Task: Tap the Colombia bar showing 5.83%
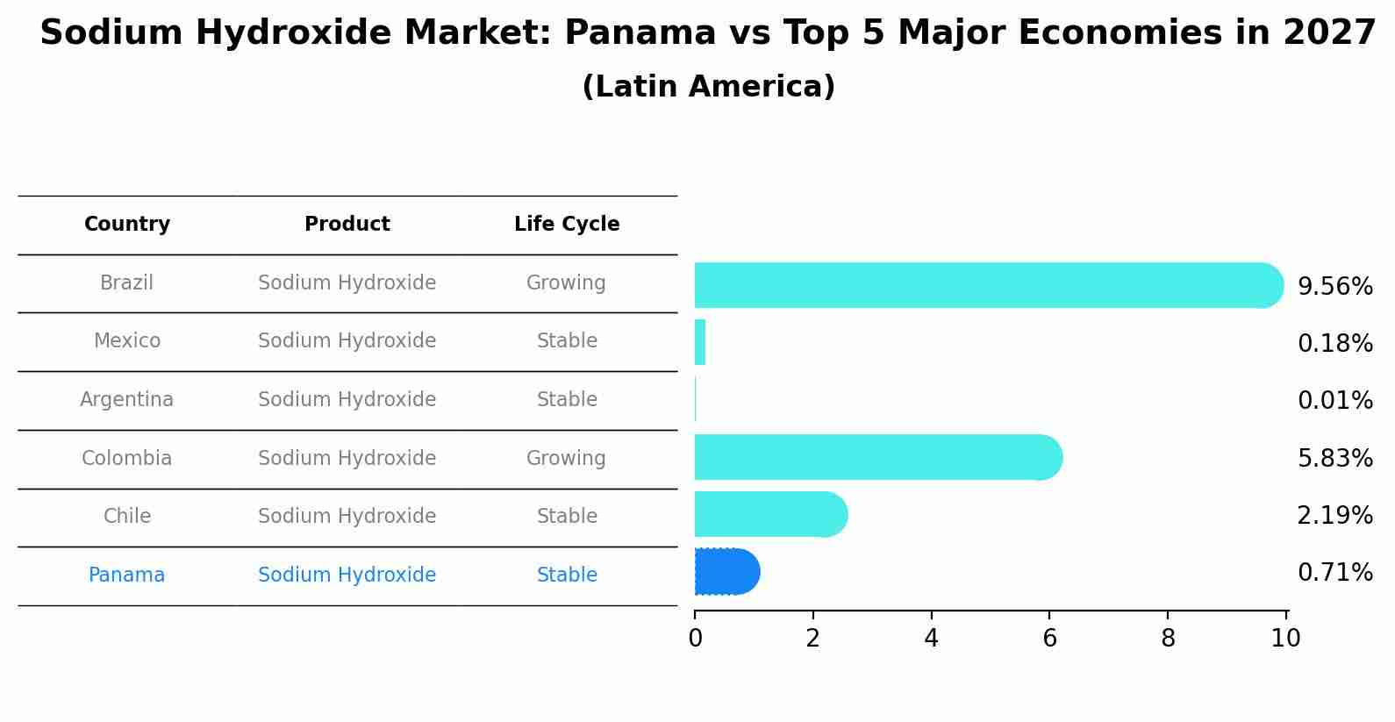[877, 457]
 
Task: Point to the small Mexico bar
[700, 342]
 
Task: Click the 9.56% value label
[1334, 287]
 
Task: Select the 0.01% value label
[1334, 401]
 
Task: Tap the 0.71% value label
[1334, 573]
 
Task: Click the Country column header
[127, 225]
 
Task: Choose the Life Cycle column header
[567, 225]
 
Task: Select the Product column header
[347, 225]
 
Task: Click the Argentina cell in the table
[127, 400]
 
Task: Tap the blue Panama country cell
[127, 575]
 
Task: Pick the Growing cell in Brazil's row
[566, 283]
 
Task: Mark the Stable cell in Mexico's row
[567, 341]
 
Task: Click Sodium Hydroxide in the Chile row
[347, 517]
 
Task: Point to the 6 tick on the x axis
[1049, 639]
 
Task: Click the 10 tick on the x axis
[1285, 639]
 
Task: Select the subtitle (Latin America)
[708, 87]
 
